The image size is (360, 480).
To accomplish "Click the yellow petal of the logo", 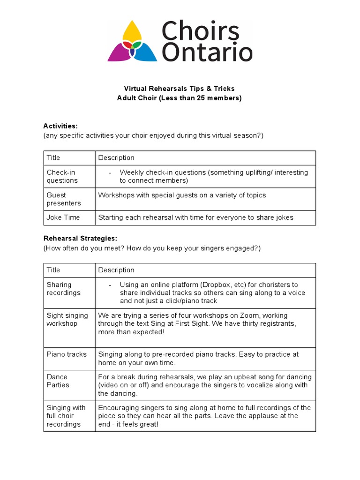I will (x=133, y=31).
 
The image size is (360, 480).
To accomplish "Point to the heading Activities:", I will (x=60, y=126).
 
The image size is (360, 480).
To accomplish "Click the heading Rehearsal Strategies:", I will (x=80, y=238).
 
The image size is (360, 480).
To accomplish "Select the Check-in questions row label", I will (x=62, y=176).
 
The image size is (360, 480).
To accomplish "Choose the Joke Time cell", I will (x=63, y=217).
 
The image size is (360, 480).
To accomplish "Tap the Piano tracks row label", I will (x=67, y=354).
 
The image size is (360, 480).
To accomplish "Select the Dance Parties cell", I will (x=58, y=381).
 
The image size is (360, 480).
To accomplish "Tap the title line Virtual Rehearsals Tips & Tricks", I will (x=179, y=89).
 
